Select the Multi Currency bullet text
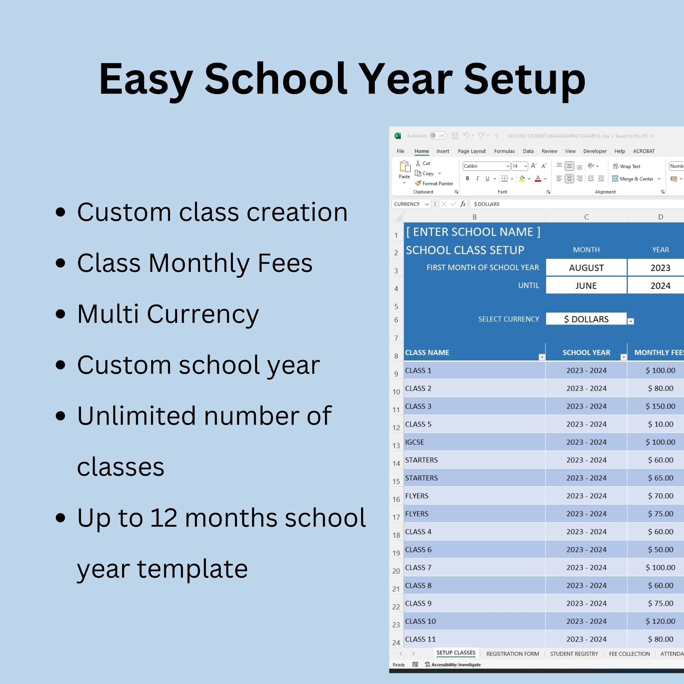click(168, 314)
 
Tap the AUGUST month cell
click(586, 268)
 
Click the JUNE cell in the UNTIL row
click(586, 285)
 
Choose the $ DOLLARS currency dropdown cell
click(586, 319)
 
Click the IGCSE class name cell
click(415, 442)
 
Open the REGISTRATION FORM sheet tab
click(512, 654)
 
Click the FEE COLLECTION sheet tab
click(629, 654)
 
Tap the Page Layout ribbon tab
click(472, 151)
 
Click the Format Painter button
click(434, 183)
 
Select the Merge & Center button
click(636, 179)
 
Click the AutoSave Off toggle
click(438, 135)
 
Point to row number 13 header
click(396, 445)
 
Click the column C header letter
click(586, 217)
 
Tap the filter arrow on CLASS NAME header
click(541, 357)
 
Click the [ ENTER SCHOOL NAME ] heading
click(473, 232)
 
